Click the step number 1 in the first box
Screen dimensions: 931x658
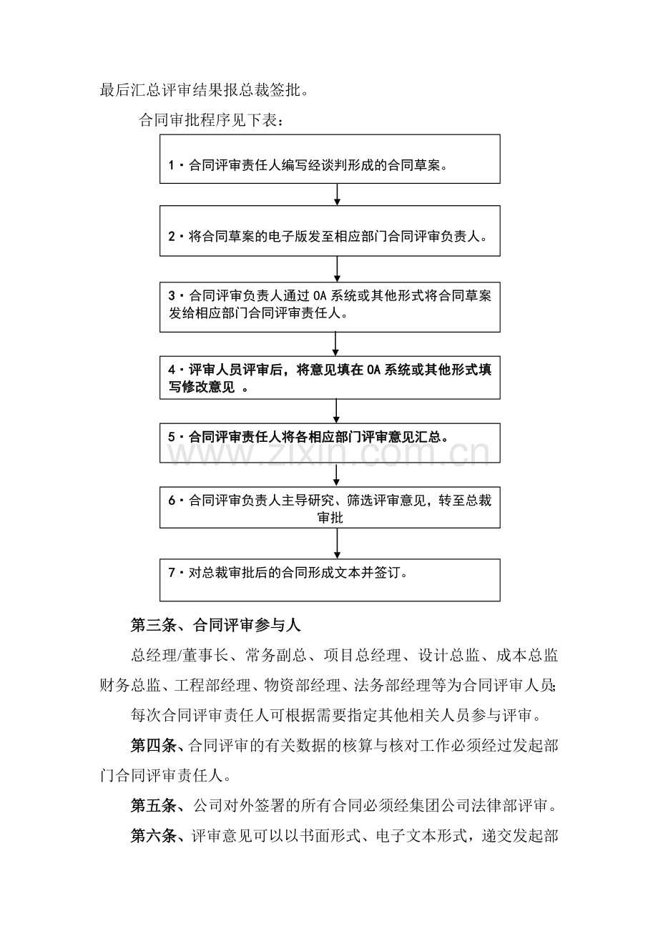[172, 166]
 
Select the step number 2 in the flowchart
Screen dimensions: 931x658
[172, 236]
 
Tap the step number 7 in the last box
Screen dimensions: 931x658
[172, 573]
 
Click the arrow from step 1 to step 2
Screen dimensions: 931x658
[337, 195]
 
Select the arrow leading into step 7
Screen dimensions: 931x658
[337, 543]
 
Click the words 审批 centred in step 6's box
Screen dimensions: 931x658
[330, 518]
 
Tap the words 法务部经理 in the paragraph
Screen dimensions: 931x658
[390, 686]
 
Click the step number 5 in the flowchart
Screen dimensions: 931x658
[172, 436]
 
